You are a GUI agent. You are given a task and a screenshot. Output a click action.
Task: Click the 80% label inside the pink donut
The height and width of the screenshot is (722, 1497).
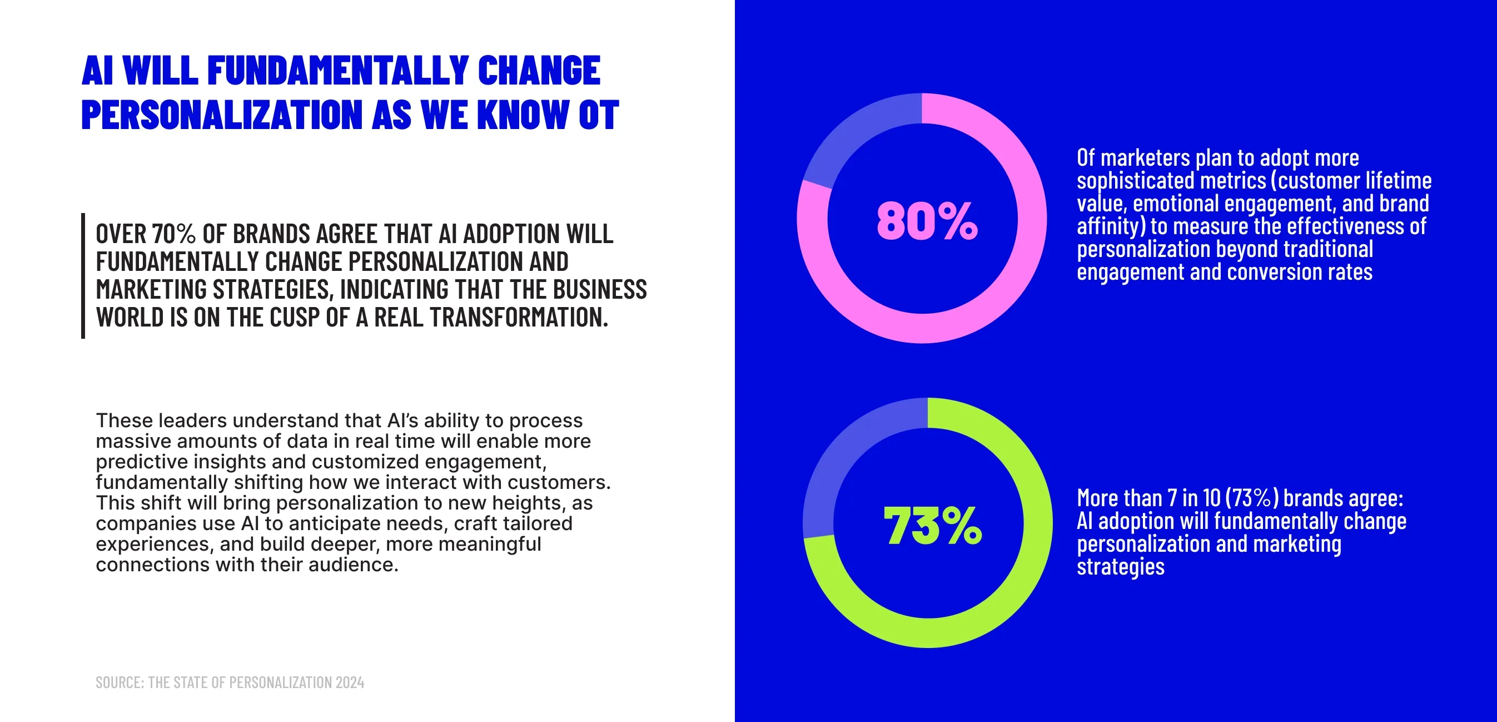(x=927, y=221)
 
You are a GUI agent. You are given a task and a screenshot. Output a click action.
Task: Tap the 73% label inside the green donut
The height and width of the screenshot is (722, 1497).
(x=932, y=526)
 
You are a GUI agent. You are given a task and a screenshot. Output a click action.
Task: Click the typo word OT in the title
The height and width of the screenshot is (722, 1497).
(x=599, y=115)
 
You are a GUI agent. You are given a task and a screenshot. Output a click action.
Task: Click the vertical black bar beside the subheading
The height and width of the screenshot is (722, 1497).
(x=83, y=275)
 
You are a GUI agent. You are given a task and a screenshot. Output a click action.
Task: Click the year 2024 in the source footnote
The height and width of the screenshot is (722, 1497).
(x=350, y=683)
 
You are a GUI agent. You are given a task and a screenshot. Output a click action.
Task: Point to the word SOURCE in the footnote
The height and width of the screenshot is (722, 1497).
(x=119, y=683)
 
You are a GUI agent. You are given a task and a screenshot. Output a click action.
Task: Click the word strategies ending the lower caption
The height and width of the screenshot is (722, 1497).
(x=1120, y=567)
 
